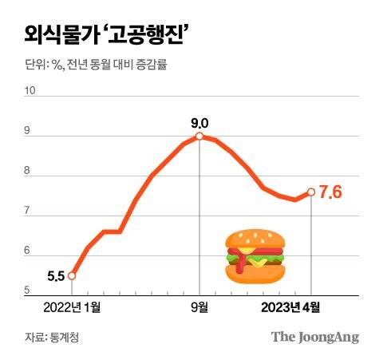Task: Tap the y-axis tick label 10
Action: coord(31,90)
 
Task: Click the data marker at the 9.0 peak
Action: coord(199,136)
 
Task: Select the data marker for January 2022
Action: coord(72,276)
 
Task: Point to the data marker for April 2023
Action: coord(310,192)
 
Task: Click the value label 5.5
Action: coord(55,276)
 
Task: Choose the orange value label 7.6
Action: coord(330,192)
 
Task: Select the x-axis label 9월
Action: coord(199,305)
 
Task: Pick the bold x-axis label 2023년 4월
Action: coord(295,305)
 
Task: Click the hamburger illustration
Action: coord(253,255)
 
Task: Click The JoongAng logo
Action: coord(314,336)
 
